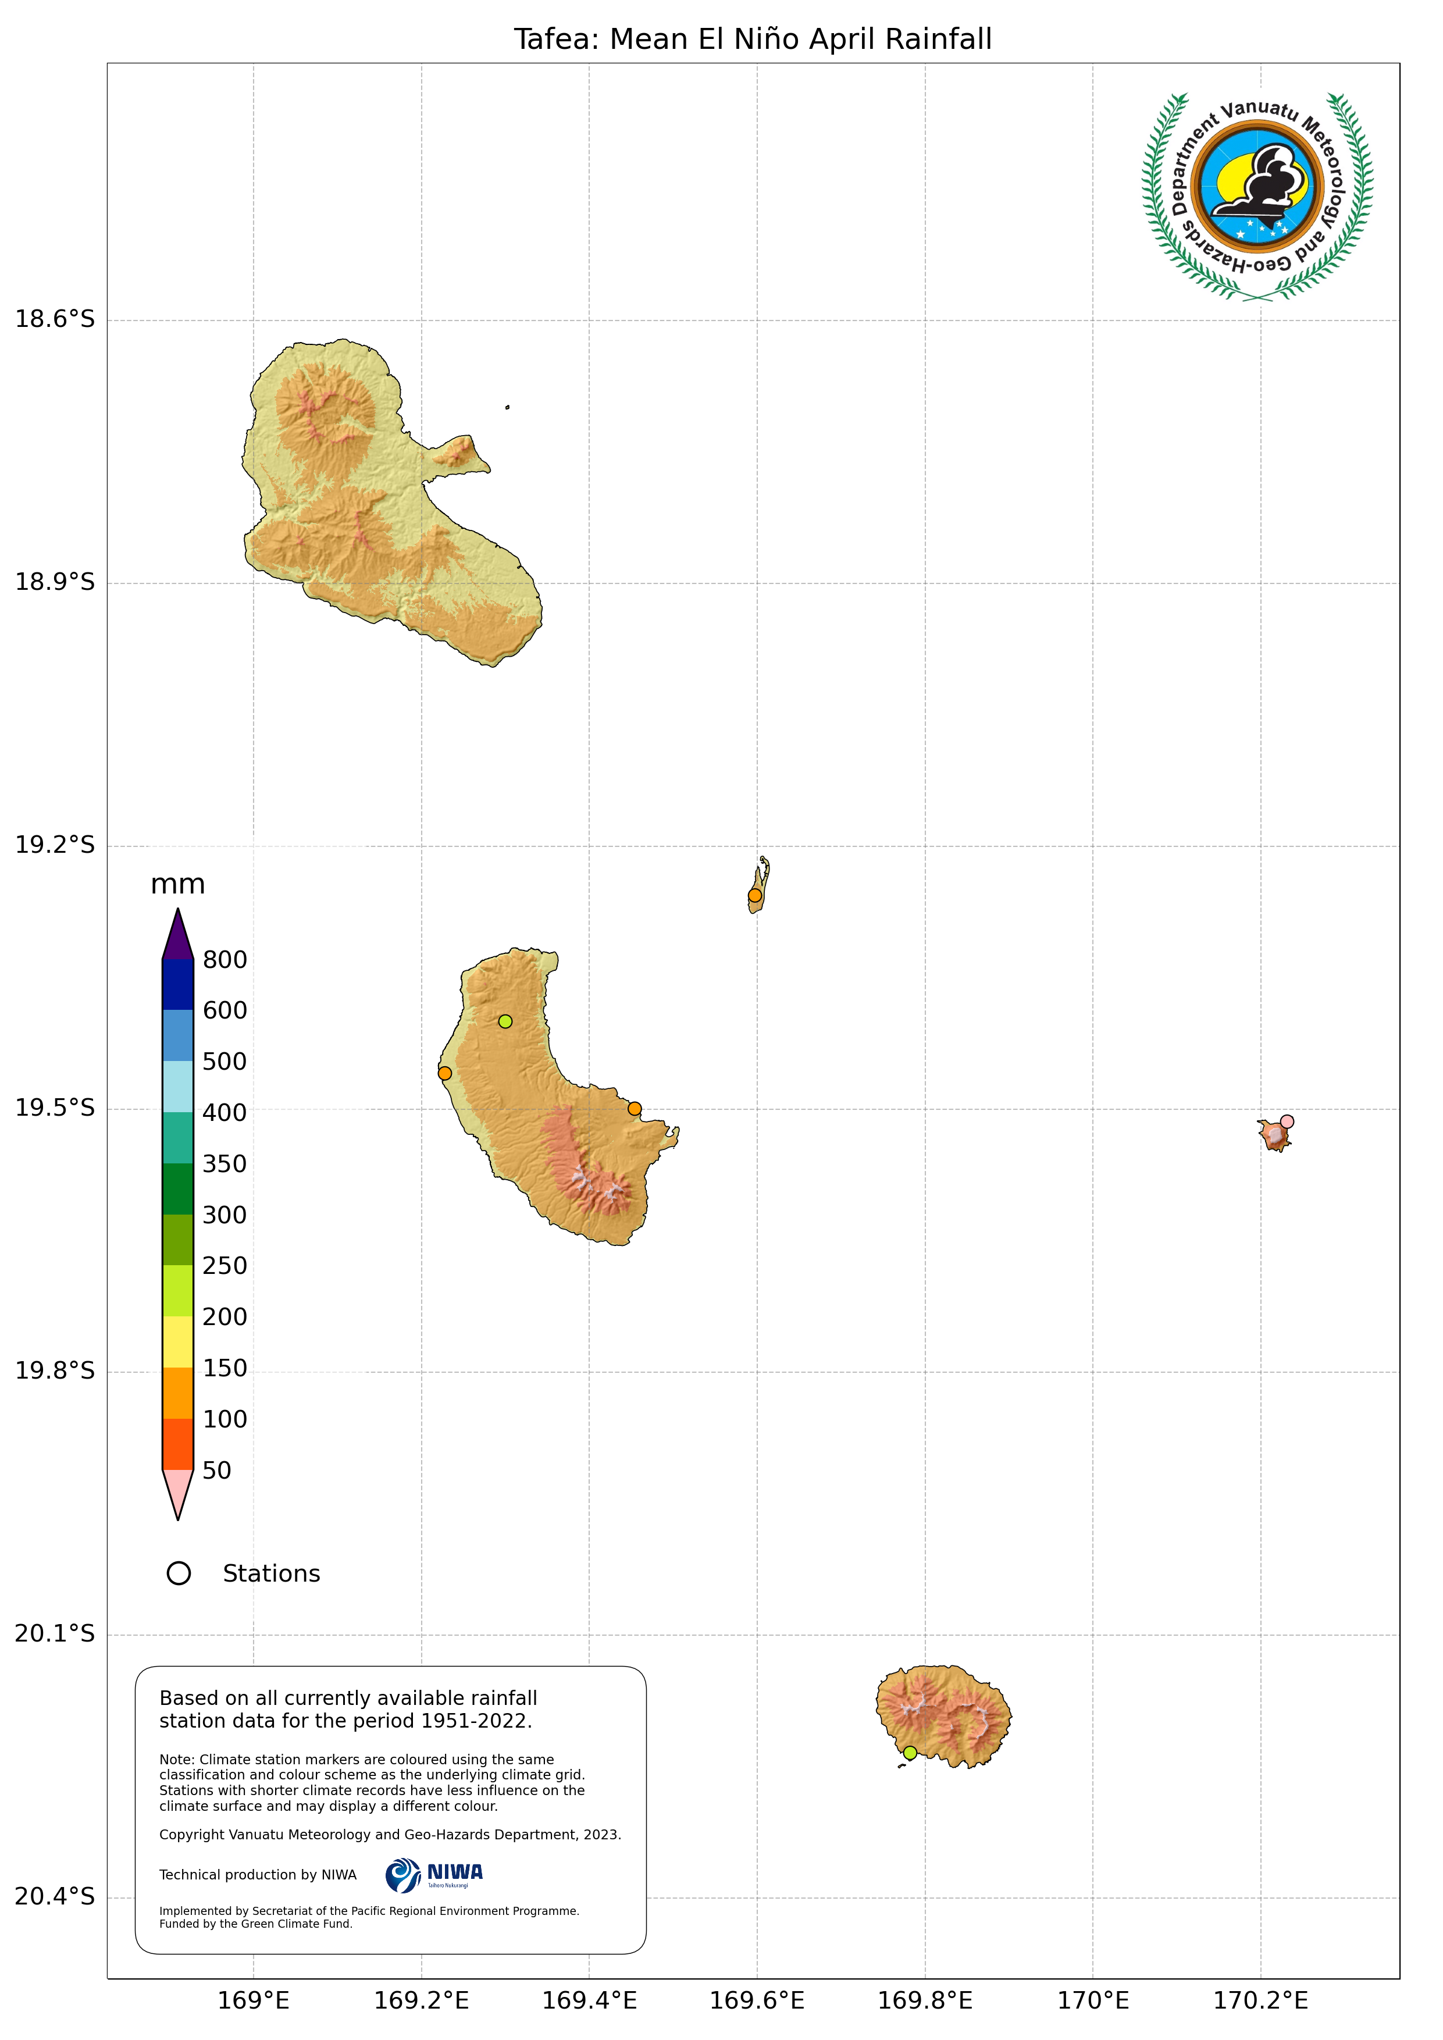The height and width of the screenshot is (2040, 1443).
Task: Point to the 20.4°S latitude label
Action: point(54,1897)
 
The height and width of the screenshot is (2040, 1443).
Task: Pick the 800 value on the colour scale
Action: point(225,960)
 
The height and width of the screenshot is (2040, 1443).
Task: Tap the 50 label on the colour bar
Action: point(217,1471)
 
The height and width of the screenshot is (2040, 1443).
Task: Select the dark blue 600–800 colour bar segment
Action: point(178,984)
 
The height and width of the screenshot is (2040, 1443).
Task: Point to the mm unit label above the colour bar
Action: point(178,884)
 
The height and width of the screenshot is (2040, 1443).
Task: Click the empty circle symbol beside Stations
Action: point(179,1573)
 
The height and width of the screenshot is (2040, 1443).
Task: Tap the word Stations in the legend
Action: point(271,1573)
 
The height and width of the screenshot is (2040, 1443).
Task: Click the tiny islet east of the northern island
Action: point(507,407)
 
